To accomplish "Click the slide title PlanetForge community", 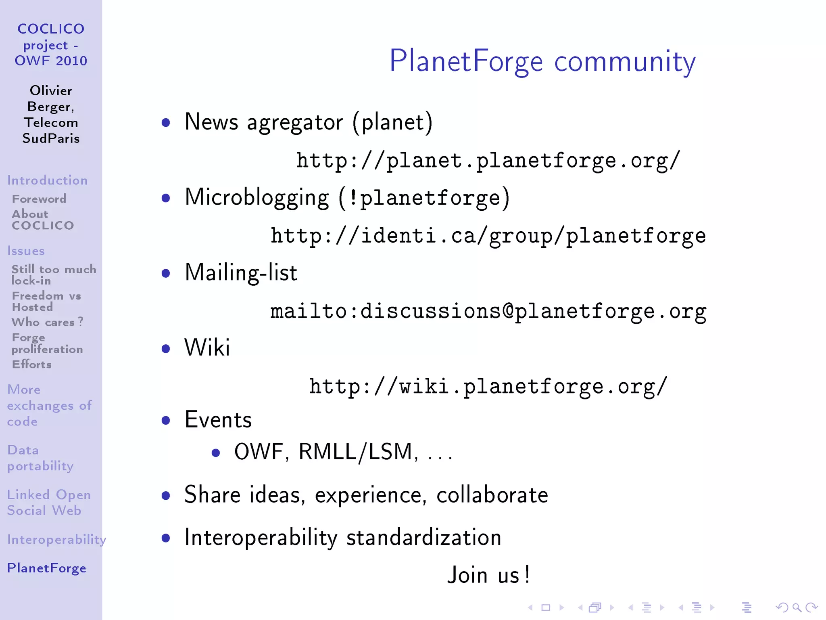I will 542,61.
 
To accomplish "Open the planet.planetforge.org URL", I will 488,161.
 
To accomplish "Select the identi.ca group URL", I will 488,236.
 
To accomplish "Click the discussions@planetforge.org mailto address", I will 488,312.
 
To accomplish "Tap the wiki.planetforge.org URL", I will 488,387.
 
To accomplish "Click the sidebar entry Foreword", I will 39,199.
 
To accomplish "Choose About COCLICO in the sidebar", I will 42,220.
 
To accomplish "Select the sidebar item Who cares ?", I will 47,322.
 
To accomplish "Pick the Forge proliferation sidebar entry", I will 47,343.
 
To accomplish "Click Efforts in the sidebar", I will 31,364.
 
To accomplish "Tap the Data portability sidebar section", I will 40,458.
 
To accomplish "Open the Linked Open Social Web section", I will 48,503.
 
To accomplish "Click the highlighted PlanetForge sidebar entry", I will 46,568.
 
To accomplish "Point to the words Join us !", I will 488,575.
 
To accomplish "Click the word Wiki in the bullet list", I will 207,348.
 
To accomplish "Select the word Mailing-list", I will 241,272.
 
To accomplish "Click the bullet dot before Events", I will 165,420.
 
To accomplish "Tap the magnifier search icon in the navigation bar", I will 797,607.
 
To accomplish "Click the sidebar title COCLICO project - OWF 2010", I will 51,45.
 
